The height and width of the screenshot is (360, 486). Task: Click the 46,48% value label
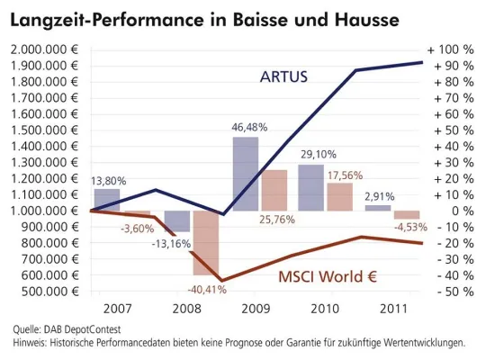click(246, 126)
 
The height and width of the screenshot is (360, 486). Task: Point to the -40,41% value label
click(206, 289)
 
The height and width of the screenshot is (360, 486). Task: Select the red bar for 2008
click(206, 243)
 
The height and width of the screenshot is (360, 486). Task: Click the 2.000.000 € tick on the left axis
click(45, 49)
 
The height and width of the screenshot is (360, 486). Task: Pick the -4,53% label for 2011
click(409, 227)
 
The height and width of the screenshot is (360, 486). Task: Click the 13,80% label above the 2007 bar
click(109, 181)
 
